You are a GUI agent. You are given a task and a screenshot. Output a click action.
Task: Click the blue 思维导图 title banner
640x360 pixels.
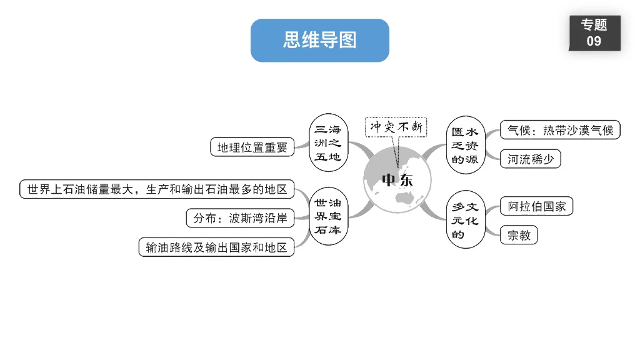[x=319, y=41]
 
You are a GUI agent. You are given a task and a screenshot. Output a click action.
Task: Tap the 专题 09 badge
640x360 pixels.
[x=594, y=33]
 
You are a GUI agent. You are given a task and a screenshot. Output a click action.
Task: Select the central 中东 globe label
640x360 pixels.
[x=397, y=180]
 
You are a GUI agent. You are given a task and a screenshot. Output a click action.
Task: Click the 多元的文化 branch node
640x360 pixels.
[x=465, y=221]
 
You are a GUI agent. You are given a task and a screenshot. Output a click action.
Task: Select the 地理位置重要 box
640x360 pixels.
[x=252, y=147]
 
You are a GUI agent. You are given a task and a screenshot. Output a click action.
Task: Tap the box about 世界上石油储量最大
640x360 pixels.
[x=157, y=189]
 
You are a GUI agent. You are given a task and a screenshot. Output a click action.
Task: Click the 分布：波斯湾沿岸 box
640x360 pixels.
[x=240, y=218]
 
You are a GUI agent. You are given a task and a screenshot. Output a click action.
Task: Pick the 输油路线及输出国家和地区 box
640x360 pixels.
[x=216, y=247]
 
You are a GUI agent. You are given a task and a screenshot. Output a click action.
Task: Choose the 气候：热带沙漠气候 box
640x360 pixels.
[x=560, y=130]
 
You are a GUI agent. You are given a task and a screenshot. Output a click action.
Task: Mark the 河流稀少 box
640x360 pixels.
[x=531, y=159]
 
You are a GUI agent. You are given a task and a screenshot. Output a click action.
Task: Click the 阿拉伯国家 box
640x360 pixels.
[x=537, y=206]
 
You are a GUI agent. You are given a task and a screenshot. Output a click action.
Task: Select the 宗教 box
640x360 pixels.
[x=519, y=236]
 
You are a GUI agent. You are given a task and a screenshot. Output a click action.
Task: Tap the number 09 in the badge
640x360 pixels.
[x=594, y=41]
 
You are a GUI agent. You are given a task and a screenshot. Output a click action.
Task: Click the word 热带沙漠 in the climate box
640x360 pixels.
[x=566, y=130]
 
